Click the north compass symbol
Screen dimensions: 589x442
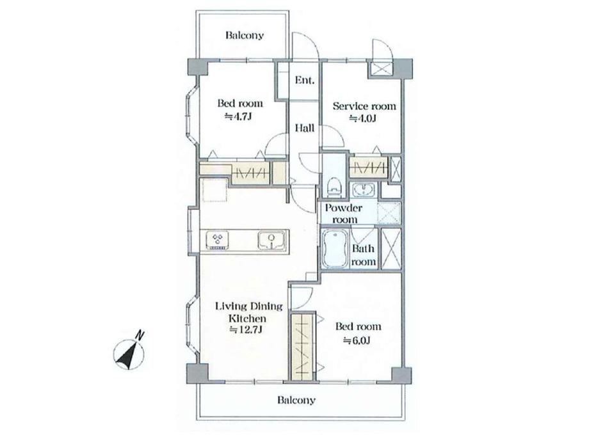coord(129,352)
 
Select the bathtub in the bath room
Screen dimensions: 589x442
coord(335,248)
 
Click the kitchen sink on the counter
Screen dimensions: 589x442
coord(272,241)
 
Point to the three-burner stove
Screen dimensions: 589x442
coord(218,241)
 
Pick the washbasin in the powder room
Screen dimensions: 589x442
coord(362,189)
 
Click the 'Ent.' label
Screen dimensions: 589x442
coord(305,80)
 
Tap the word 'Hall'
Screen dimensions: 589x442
coord(305,129)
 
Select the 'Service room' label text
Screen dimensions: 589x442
coord(364,106)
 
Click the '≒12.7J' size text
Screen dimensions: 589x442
coord(246,330)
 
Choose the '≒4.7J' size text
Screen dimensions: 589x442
coord(238,116)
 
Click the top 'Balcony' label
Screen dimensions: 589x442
coord(245,36)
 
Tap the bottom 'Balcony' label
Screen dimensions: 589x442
coord(296,400)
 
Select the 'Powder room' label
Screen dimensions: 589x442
coord(343,214)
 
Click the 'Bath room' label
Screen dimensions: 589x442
coord(363,255)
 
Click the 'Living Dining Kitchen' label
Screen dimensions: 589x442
coord(248,313)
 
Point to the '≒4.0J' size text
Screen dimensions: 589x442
coord(363,118)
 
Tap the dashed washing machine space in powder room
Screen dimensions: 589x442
coord(389,213)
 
